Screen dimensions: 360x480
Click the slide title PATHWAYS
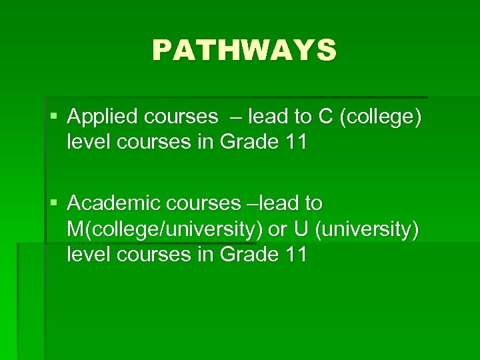244,50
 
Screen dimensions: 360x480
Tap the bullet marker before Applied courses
53,117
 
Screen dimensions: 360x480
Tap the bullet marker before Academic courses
53,203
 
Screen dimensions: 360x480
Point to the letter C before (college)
325,117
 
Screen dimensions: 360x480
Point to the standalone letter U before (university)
301,228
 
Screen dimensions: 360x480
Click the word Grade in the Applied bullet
248,143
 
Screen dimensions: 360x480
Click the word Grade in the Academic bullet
248,254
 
